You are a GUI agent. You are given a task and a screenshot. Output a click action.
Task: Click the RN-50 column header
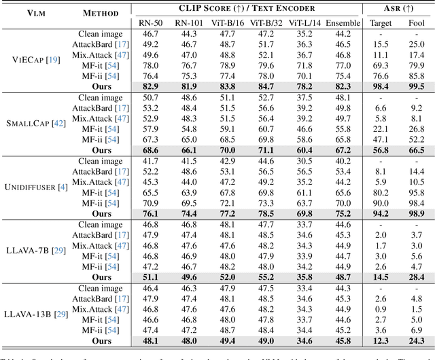(150, 23)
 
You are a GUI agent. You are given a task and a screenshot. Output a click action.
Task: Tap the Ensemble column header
(343, 23)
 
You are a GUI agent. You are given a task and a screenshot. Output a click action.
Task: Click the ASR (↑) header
(398, 9)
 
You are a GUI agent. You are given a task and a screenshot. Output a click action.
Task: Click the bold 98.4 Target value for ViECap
(381, 86)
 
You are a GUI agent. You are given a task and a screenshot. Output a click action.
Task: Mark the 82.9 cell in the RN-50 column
(150, 86)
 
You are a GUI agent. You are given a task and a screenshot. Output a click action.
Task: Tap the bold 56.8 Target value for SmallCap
(381, 150)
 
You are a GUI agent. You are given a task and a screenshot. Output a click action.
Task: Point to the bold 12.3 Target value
(381, 341)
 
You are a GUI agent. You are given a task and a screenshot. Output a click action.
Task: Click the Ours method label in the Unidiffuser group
(102, 214)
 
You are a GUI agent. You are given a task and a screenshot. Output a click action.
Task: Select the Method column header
(100, 13)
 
